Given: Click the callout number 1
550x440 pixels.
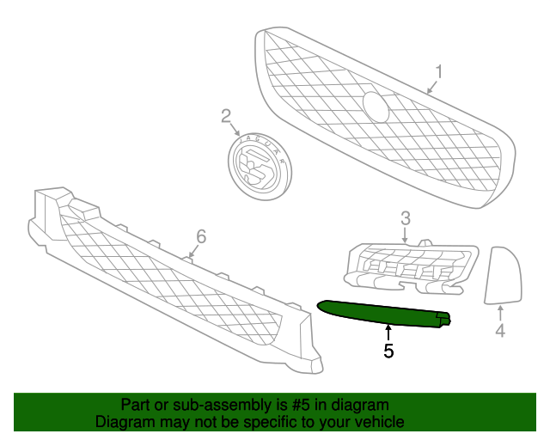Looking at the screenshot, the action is click(439, 71).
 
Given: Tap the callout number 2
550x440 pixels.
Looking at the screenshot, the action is click(226, 116).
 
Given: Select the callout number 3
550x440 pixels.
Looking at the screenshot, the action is click(406, 218).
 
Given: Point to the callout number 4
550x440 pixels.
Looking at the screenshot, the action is click(500, 331).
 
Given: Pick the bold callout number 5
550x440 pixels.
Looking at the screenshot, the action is click(388, 351).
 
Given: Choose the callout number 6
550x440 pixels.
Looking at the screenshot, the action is click(201, 236).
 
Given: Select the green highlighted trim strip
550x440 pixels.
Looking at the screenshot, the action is click(384, 314).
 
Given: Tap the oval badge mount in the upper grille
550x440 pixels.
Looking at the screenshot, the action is click(376, 107).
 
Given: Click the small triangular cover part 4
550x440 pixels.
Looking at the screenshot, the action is click(503, 276).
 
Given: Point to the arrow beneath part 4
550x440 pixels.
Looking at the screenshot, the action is click(500, 313).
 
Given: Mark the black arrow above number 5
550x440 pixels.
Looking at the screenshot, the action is click(388, 333).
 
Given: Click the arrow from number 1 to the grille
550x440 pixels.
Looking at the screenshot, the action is click(432, 87).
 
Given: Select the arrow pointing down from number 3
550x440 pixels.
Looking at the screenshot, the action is click(405, 235).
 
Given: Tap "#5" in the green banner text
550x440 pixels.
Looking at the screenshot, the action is click(301, 406).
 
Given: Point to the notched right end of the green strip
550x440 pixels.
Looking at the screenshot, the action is click(443, 319).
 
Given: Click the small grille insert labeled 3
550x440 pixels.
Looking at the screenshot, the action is click(411, 267).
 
